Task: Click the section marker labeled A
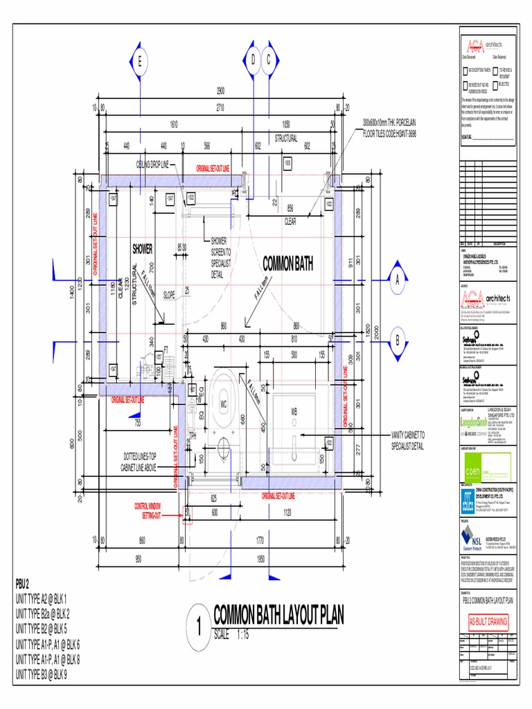coord(398,280)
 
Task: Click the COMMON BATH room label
coord(288,263)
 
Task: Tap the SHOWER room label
coord(142,249)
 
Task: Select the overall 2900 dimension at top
coord(220,91)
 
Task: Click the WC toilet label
coord(224,403)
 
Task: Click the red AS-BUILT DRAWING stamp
coord(488,622)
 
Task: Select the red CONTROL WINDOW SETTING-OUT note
coord(160,512)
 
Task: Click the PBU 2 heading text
coord(27,584)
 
